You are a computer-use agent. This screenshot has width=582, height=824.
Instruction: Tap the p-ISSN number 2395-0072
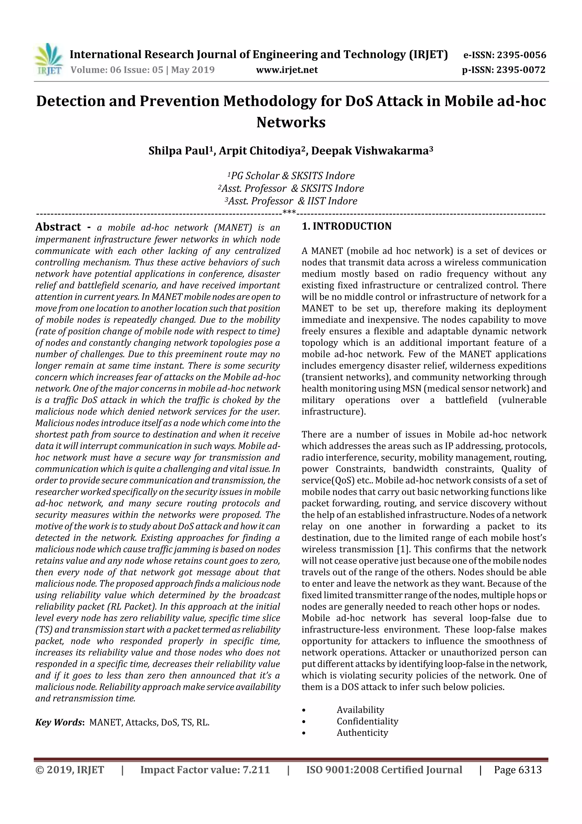pos(521,70)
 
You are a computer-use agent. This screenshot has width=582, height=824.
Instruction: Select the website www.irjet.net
pos(287,70)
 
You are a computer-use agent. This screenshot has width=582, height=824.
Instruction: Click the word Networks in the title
pos(291,122)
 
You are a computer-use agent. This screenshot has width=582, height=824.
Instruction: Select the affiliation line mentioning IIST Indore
pos(291,201)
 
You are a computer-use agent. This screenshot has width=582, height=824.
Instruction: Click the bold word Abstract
pos(58,227)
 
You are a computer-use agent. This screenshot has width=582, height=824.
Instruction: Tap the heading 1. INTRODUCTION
pos(347,226)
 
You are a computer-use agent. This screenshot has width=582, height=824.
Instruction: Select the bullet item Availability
pos(360,710)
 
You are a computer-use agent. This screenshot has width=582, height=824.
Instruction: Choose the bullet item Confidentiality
pos(367,721)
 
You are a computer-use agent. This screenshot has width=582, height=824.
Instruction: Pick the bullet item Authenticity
pos(362,733)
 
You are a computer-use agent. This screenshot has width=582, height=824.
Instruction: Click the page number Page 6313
pos(517,770)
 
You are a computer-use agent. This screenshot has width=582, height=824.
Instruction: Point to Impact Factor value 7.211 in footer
pos(205,770)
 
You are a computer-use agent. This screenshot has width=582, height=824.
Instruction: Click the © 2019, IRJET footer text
pos(70,770)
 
